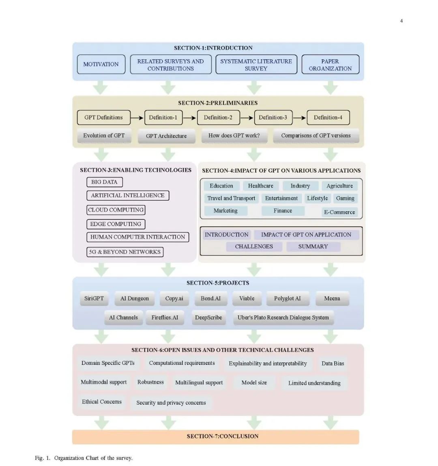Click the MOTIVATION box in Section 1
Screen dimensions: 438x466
pyautogui.click(x=101, y=64)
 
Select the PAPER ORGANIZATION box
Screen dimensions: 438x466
pyautogui.click(x=330, y=64)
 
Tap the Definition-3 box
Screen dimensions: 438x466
pyautogui.click(x=273, y=117)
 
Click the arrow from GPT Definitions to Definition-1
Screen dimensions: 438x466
pyautogui.click(x=137, y=118)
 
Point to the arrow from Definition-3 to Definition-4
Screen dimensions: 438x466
pyautogui.click(x=299, y=118)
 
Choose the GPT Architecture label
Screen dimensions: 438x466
pyautogui.click(x=166, y=136)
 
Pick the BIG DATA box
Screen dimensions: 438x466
pyautogui.click(x=105, y=182)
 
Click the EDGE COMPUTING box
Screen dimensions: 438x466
pyautogui.click(x=116, y=224)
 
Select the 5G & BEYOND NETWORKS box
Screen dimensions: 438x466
pyautogui.click(x=125, y=252)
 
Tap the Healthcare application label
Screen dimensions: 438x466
pyautogui.click(x=261, y=186)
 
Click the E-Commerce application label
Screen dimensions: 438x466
pyautogui.click(x=339, y=212)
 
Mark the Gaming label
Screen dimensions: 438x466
pyautogui.click(x=345, y=198)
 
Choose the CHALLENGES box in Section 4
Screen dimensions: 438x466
pyautogui.click(x=254, y=247)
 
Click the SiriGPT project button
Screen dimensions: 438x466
pyautogui.click(x=94, y=298)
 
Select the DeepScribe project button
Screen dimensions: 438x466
pyautogui.click(x=208, y=317)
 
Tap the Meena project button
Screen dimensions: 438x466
pyautogui.click(x=332, y=298)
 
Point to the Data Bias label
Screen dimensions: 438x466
pyautogui.click(x=333, y=364)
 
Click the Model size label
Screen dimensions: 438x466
pyautogui.click(x=254, y=382)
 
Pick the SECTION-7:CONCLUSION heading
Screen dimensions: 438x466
pyautogui.click(x=223, y=436)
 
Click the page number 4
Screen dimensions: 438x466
pyautogui.click(x=401, y=21)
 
